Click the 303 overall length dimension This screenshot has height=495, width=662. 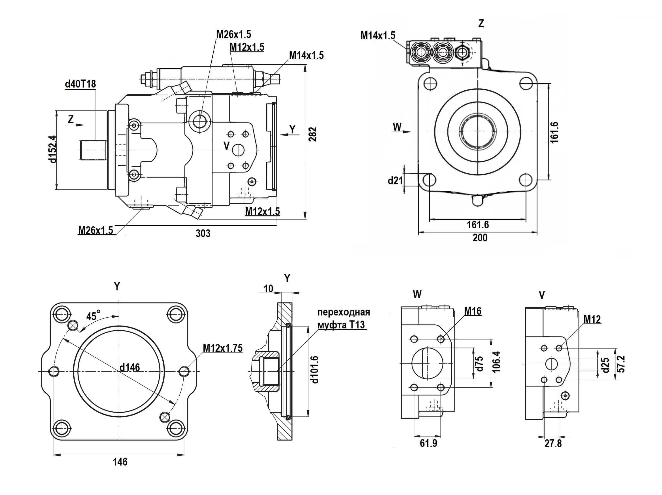tap(203, 233)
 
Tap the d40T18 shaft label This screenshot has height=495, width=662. tap(80, 84)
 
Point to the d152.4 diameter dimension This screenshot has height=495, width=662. tap(53, 149)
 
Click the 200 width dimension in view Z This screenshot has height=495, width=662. tap(480, 238)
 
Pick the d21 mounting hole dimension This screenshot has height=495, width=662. tap(395, 180)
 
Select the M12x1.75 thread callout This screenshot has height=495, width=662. tap(222, 348)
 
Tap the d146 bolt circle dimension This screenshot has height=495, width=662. tap(130, 367)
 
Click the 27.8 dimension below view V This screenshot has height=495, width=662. tap(553, 444)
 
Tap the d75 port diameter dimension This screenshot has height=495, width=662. tap(479, 364)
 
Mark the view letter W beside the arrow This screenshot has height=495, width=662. tap(397, 127)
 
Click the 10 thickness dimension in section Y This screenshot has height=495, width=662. tap(268, 289)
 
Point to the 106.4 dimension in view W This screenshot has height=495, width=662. tap(496, 362)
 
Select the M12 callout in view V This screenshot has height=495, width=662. tap(592, 319)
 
